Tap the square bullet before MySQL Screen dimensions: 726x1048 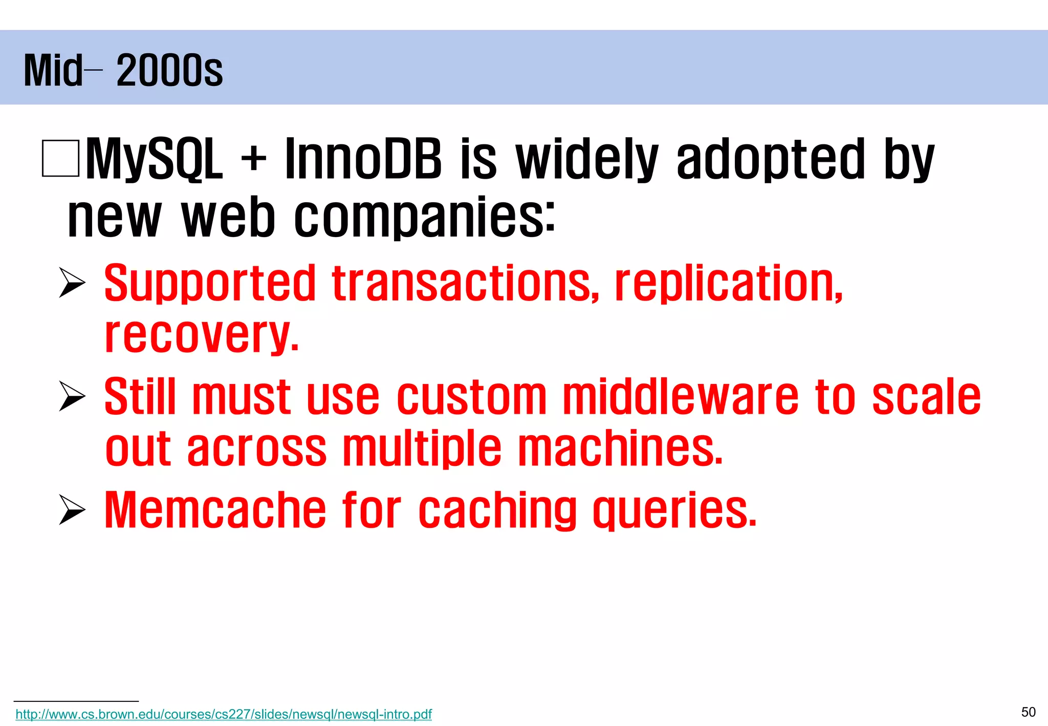[x=60, y=158]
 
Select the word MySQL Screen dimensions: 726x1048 [x=154, y=159]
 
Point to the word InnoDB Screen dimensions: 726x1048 [x=362, y=159]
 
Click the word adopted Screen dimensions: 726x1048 [x=770, y=159]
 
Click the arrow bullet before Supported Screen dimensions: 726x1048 [x=72, y=283]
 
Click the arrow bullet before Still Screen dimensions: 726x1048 [x=72, y=396]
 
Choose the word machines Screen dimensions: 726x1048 [x=620, y=449]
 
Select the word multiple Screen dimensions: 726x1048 [x=422, y=449]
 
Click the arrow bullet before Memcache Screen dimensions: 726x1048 [x=72, y=510]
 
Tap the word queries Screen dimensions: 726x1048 [x=674, y=511]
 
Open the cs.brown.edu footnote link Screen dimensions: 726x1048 [x=224, y=714]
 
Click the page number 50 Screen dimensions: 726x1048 [x=1028, y=712]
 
